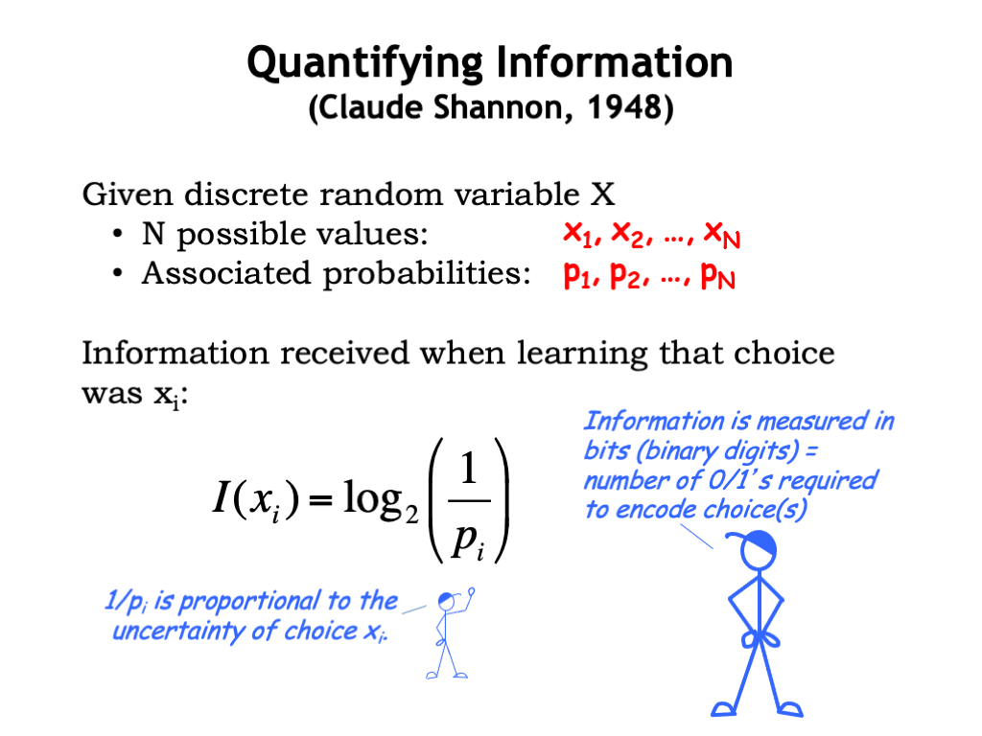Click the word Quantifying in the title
click(x=365, y=65)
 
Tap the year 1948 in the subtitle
click(x=623, y=107)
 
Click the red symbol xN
click(x=722, y=236)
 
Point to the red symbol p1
click(x=577, y=274)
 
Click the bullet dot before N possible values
click(x=117, y=235)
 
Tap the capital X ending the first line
click(x=602, y=194)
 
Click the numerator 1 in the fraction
click(x=469, y=469)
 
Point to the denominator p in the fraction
click(x=463, y=538)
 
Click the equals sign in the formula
click(x=320, y=499)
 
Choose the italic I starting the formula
click(x=220, y=497)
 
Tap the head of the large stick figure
click(x=758, y=549)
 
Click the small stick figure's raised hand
click(x=471, y=590)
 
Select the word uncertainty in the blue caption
click(x=178, y=631)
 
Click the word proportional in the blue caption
click(x=250, y=602)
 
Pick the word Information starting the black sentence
click(x=175, y=353)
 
